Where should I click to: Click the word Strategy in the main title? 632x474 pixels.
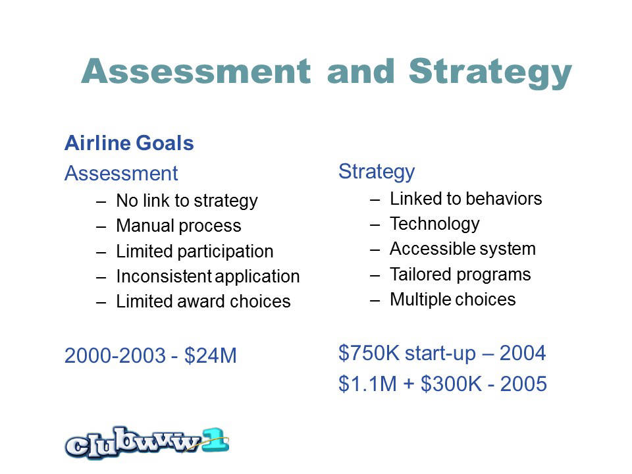490,72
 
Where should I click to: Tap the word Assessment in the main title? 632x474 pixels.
196,71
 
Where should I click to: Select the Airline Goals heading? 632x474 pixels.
129,143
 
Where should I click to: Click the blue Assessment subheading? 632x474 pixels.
121,173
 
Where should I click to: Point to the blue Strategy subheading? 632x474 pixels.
377,172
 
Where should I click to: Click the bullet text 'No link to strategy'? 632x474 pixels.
186,201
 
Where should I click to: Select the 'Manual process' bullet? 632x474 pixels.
178,226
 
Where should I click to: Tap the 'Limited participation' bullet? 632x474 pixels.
195,251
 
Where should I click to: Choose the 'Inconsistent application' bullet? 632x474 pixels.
207,276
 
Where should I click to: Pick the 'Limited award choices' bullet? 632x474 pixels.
203,302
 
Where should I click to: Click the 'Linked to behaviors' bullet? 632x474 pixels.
465,199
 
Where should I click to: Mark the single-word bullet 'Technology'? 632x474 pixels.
434,224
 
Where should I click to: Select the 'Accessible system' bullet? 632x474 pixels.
463,249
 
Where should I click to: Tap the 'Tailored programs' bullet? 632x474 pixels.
460,275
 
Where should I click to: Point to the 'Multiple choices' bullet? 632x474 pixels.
453,300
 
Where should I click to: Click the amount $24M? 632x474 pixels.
211,355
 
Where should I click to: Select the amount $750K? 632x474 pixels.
369,353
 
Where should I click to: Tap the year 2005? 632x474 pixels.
523,384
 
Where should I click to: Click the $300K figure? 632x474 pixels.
451,384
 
